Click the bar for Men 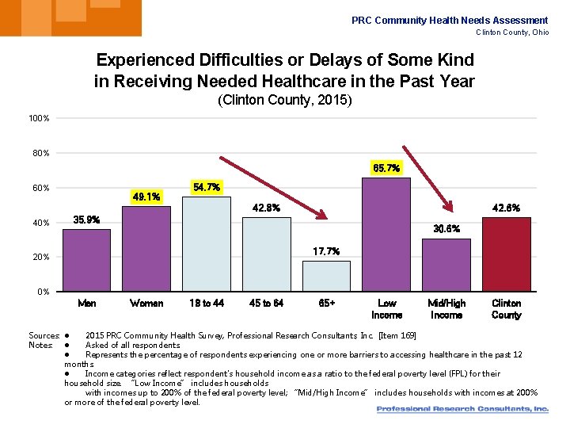(86, 260)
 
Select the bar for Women (146, 249)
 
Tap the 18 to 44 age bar (206, 244)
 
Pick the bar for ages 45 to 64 (266, 254)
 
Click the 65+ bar (326, 276)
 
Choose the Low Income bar (386, 235)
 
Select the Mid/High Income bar (446, 265)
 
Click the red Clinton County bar (506, 254)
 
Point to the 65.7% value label (386, 168)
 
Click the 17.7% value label (326, 251)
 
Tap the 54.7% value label (206, 187)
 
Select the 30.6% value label (446, 229)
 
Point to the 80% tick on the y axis (40, 153)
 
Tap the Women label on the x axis (146, 304)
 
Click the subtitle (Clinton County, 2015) (284, 101)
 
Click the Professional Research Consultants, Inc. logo (462, 410)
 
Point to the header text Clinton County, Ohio (511, 32)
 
